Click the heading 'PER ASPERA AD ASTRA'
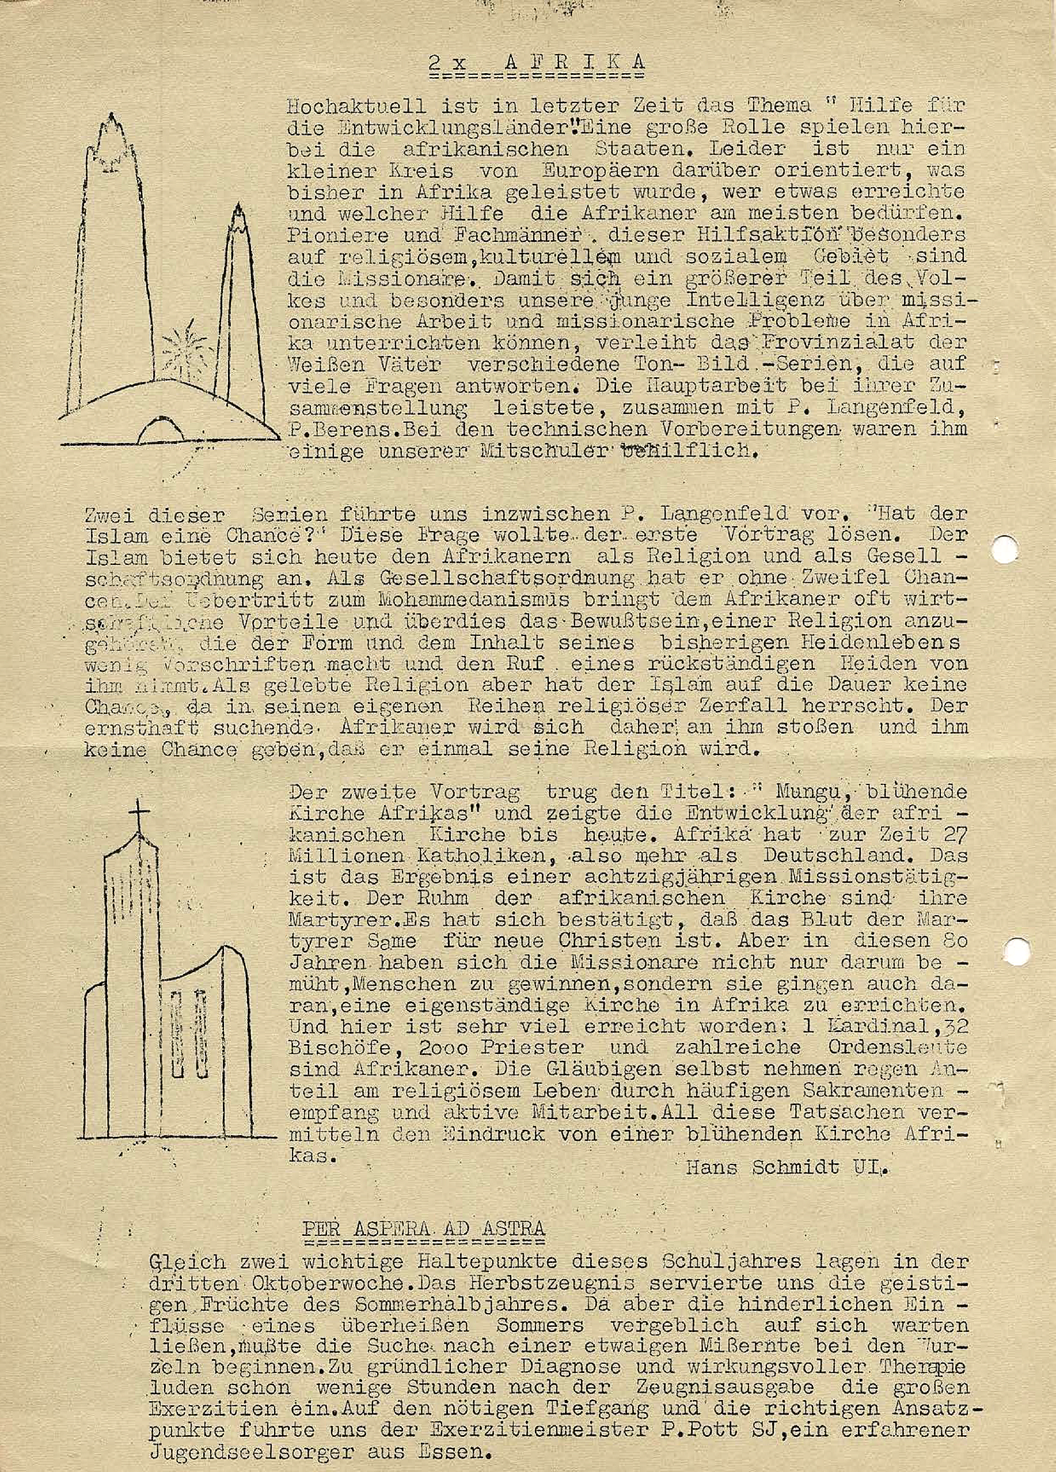[423, 1228]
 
